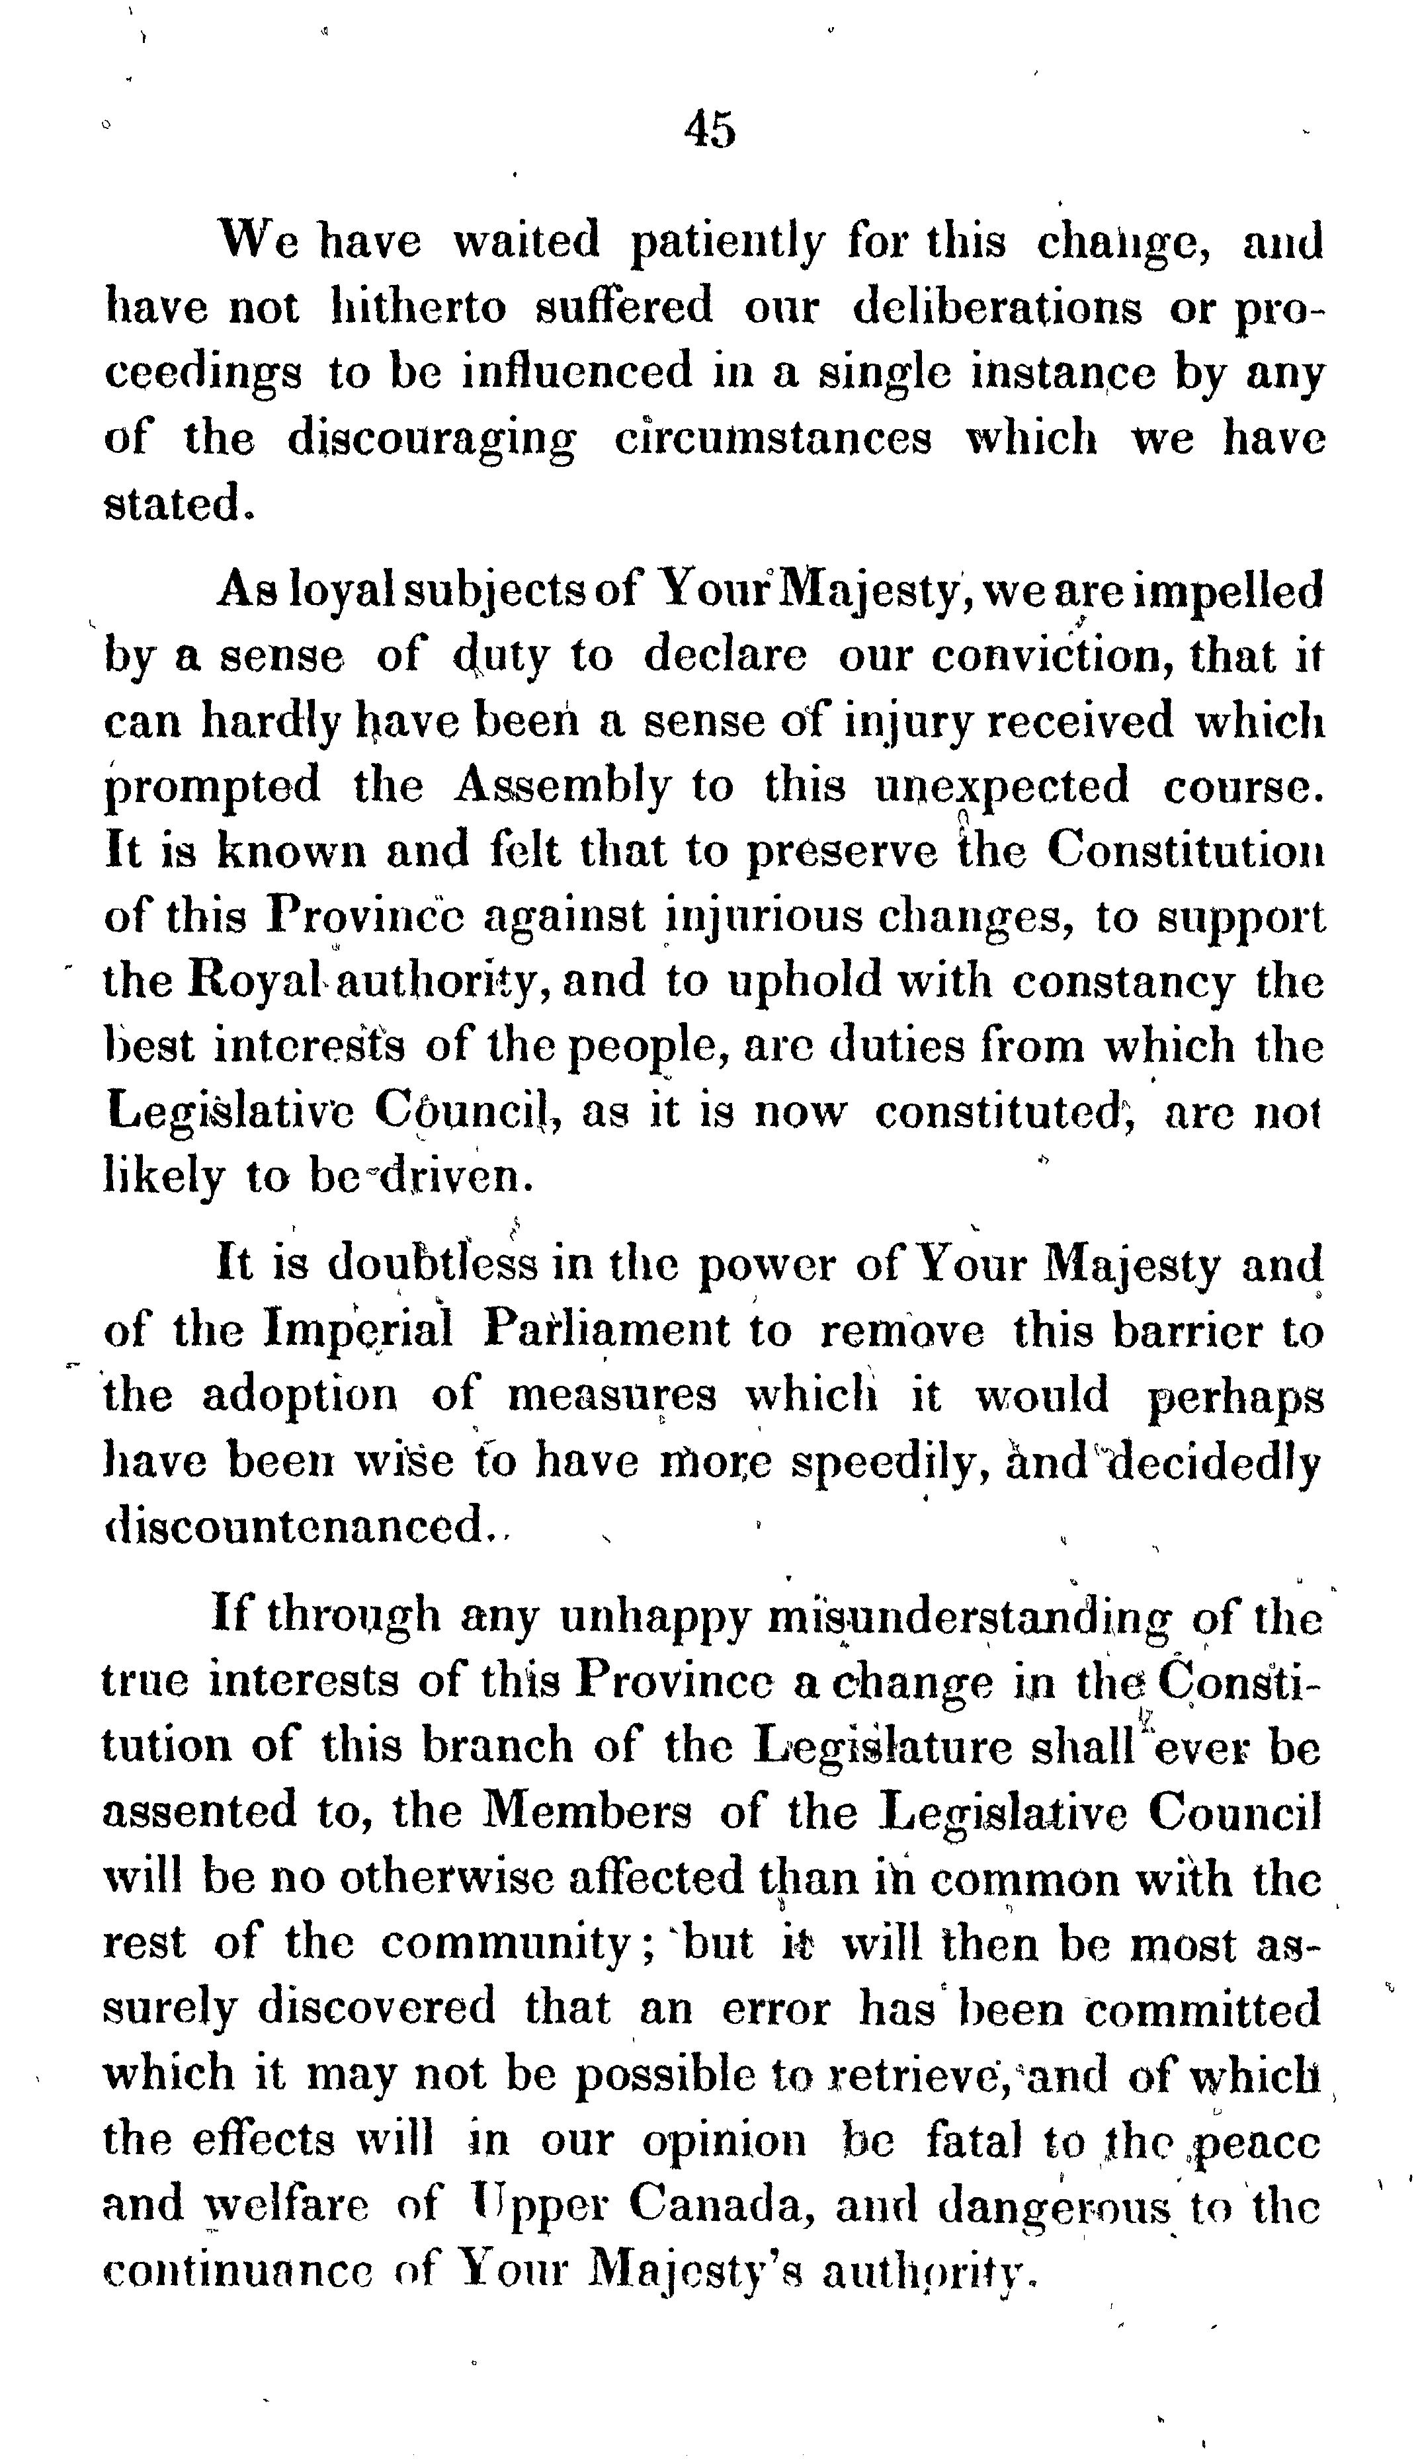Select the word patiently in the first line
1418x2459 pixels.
pos(727,243)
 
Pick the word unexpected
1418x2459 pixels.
pos(1002,787)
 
